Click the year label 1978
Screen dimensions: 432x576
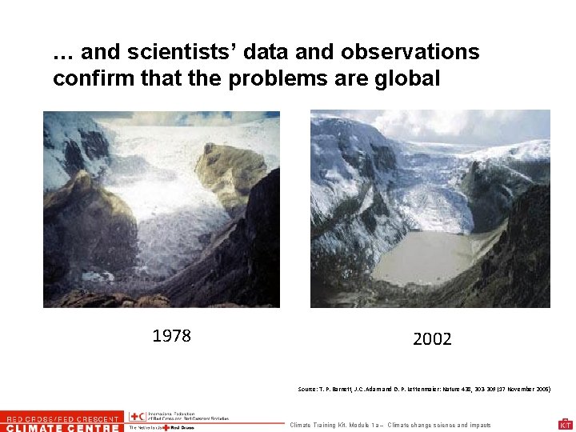(171, 335)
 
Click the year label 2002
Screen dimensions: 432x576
(432, 339)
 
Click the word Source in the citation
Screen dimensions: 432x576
(307, 389)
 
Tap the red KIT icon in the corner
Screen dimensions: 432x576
(565, 425)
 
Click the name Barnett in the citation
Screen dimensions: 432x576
(335, 389)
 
